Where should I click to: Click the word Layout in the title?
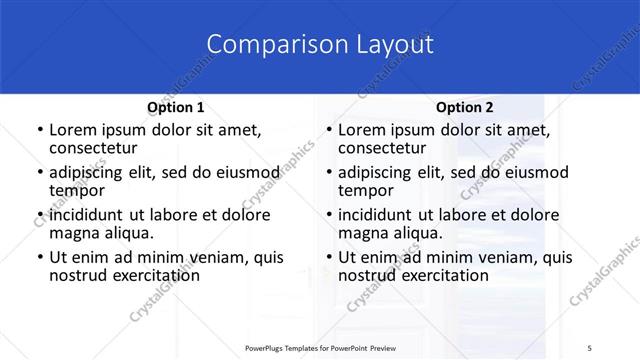(x=387, y=44)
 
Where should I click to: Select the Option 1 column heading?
(x=176, y=107)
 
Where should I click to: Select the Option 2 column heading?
(x=464, y=107)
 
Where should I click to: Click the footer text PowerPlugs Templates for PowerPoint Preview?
(x=319, y=347)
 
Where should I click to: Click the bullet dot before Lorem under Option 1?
(x=39, y=131)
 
